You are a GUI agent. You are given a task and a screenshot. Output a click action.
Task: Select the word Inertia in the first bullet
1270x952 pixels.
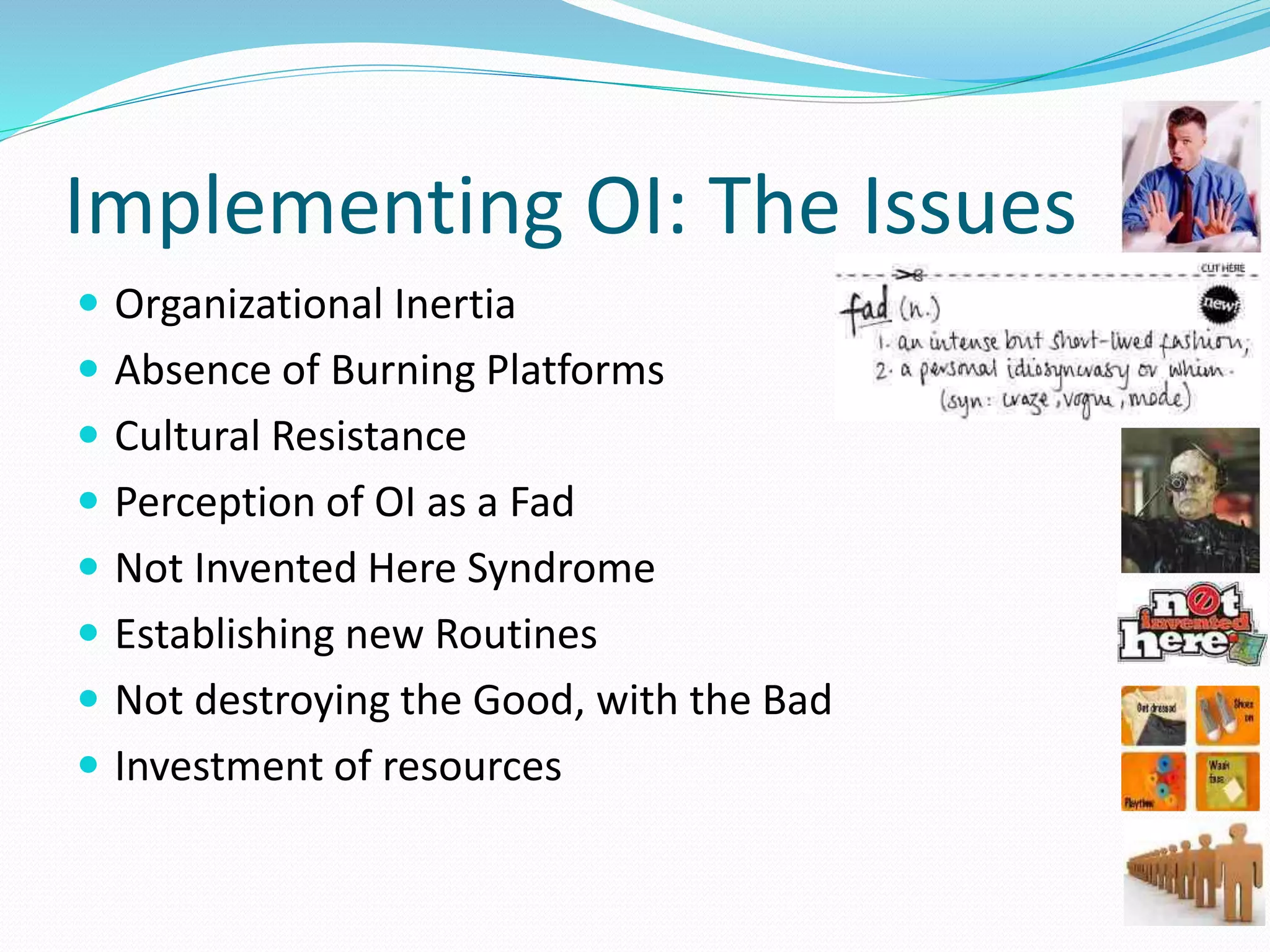454,304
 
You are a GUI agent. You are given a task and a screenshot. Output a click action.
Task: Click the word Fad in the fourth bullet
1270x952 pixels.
541,502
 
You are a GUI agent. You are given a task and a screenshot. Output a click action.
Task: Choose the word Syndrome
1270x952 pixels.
561,568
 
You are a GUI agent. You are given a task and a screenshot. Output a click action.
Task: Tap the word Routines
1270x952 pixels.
516,635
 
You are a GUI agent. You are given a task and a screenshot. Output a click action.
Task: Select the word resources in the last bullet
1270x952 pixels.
472,767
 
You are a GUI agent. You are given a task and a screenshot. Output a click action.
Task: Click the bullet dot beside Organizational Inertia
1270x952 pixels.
89,303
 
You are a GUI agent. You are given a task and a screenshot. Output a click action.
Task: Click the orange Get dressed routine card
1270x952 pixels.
1153,715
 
